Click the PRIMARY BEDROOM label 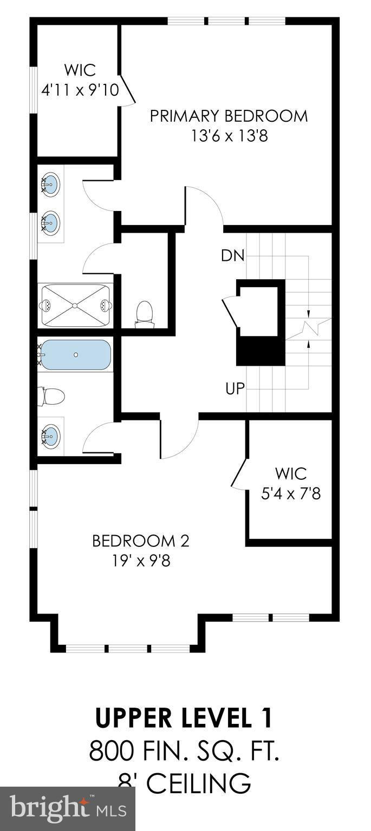tap(229, 116)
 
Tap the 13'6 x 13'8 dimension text tap(230, 136)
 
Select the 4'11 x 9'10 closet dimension tap(80, 90)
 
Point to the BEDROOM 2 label tap(141, 541)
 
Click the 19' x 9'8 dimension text tap(141, 560)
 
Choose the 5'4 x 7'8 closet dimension tap(291, 494)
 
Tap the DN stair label tap(233, 255)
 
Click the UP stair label tap(235, 388)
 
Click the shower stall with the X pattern tap(75, 306)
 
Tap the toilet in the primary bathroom tap(145, 315)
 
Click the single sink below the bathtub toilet tap(51, 435)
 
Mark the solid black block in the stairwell tap(261, 351)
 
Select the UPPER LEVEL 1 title tap(184, 718)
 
